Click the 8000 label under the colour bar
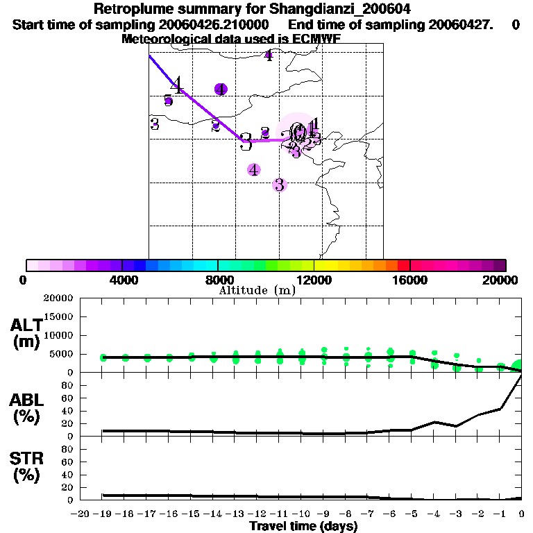(x=218, y=280)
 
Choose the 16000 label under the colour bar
(x=410, y=280)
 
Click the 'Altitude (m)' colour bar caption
(x=257, y=290)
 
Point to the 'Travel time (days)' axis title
(x=303, y=526)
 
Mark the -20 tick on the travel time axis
(x=81, y=514)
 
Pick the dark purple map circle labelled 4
(x=221, y=89)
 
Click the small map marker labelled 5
(x=168, y=101)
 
